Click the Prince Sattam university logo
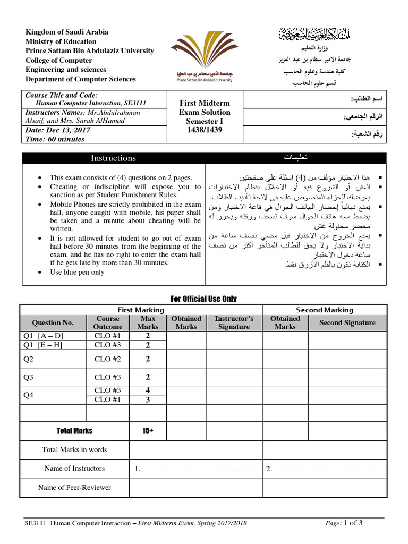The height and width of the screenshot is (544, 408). [x=205, y=56]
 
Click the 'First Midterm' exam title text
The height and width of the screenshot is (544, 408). [x=205, y=103]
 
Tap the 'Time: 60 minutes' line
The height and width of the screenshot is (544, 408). [x=55, y=139]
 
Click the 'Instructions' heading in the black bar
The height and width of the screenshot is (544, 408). [x=113, y=158]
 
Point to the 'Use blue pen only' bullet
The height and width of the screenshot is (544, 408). [x=77, y=273]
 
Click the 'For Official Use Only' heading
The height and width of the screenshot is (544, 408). [x=204, y=299]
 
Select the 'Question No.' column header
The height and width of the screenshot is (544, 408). [x=53, y=322]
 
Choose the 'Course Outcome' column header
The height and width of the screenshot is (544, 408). [x=108, y=322]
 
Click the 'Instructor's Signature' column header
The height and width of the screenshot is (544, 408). [x=234, y=322]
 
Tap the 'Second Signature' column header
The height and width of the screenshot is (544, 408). [x=347, y=322]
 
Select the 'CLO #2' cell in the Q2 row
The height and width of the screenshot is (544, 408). [x=108, y=359]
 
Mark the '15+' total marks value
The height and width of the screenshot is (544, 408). [x=148, y=431]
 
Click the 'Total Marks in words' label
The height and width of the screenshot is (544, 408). [x=74, y=449]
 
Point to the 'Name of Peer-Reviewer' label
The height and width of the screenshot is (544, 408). [x=74, y=487]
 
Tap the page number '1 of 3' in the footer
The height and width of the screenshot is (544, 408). [x=354, y=523]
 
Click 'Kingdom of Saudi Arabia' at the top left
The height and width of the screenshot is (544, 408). [x=67, y=32]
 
